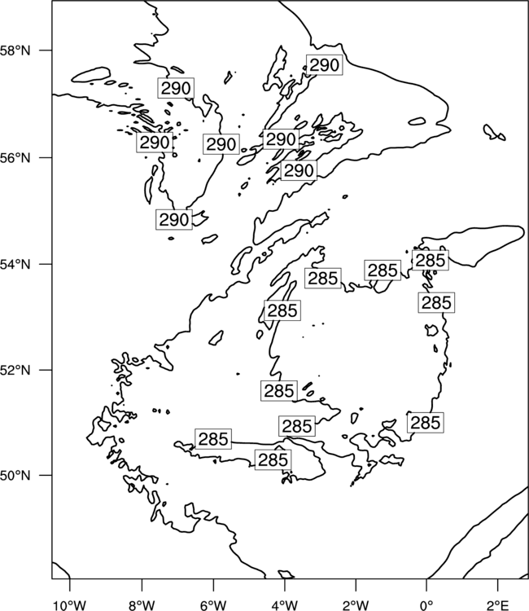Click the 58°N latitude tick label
(15, 51)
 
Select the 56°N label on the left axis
(15, 158)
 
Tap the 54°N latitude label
(15, 264)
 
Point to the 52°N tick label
(15, 370)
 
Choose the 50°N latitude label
(15, 476)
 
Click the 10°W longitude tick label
(70, 605)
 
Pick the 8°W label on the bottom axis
(142, 605)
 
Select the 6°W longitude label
(213, 605)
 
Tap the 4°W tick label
(284, 605)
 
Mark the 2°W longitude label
(356, 605)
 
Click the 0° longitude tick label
(426, 605)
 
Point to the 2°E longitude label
(498, 605)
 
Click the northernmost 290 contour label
(324, 64)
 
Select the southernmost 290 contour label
(174, 219)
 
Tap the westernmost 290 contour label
(155, 143)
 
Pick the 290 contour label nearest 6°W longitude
(221, 144)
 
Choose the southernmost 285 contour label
(273, 459)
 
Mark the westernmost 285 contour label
(213, 439)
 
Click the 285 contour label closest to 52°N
(279, 390)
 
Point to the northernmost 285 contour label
(431, 260)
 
